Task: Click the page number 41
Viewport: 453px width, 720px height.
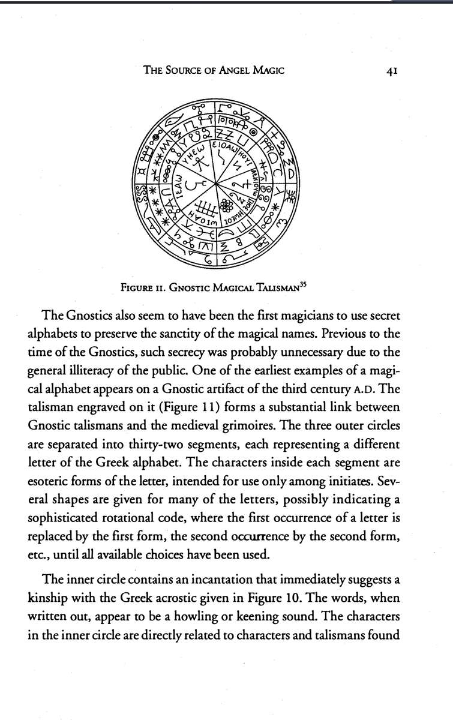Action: [383, 70]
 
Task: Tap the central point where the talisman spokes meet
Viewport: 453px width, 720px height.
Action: [216, 183]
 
